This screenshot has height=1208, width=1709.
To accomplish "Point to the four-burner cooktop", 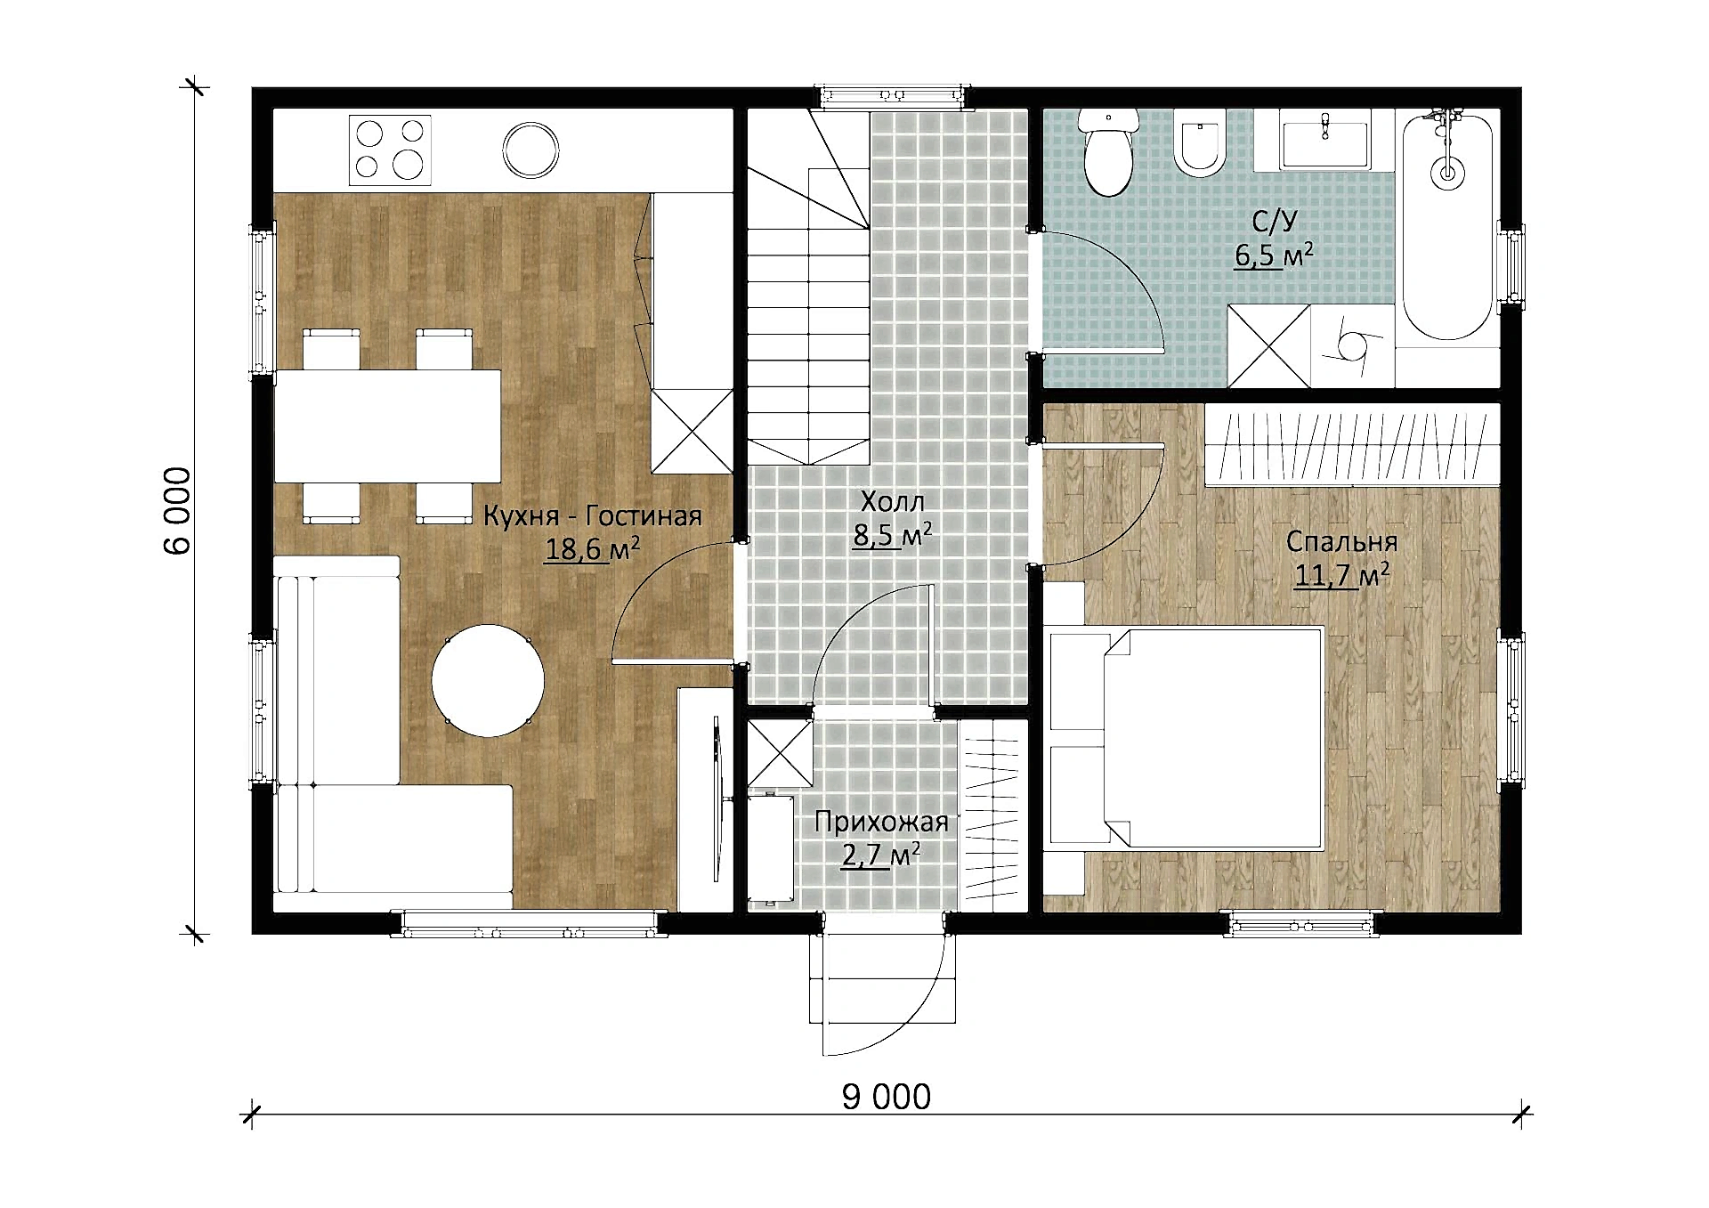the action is (x=390, y=150).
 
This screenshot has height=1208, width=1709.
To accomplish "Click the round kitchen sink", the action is (x=531, y=150).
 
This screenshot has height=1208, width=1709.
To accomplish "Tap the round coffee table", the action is (x=488, y=680).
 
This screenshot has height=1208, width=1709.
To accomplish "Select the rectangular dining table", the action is (x=388, y=426).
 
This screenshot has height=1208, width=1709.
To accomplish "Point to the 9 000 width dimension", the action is (x=887, y=1097).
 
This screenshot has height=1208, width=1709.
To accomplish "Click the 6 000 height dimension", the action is (x=178, y=510).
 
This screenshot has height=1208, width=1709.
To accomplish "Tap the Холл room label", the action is (x=893, y=502).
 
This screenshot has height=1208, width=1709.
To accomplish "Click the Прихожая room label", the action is (x=881, y=822).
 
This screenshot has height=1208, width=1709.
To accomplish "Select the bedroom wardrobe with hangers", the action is (x=1352, y=444).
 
